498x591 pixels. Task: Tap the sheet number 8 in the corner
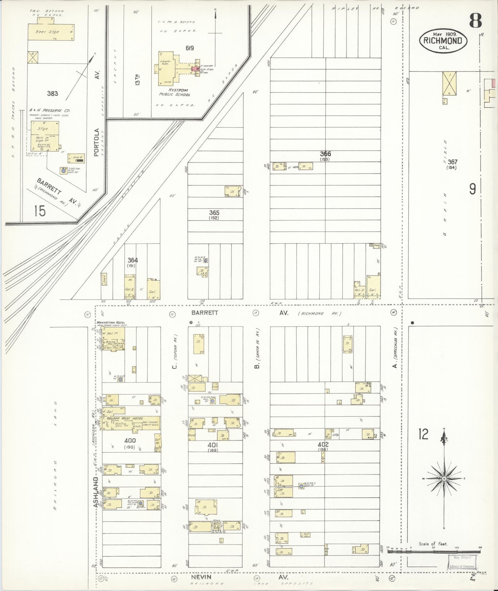pos(475,22)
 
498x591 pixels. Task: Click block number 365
pos(214,213)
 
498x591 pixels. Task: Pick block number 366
pos(325,154)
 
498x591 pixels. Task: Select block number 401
pos(213,445)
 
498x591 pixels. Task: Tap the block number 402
pos(323,445)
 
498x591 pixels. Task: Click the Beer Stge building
pos(51,32)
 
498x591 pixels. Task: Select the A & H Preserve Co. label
pos(49,110)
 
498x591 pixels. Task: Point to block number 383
pos(52,93)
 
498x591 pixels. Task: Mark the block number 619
pos(190,48)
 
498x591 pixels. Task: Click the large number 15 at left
pos(40,211)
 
